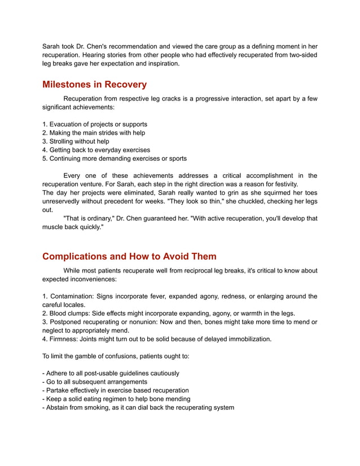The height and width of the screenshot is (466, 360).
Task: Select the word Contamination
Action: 71,296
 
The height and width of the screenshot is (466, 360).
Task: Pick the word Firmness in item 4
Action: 64,339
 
